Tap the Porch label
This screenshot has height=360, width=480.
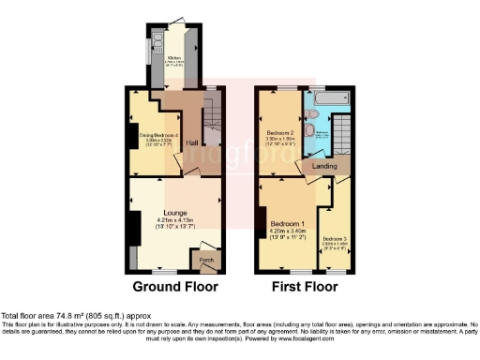pos(207,260)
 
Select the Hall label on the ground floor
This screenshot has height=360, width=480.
pos(191,142)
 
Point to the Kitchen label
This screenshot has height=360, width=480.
pos(173,63)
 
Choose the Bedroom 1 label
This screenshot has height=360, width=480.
pos(288,225)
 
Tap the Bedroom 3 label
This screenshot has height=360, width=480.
pos(334,240)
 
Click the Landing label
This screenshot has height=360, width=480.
pos(324,167)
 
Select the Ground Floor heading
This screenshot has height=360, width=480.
pos(175,286)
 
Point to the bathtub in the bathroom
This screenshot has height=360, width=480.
pos(328,96)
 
